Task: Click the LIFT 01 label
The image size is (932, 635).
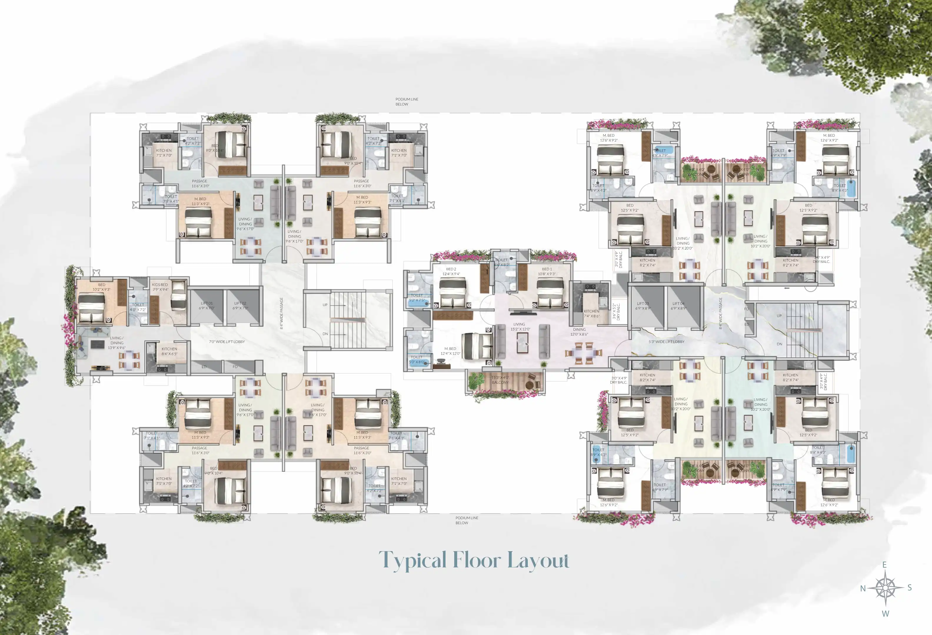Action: tap(207, 306)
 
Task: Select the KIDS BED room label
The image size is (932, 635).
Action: tap(160, 287)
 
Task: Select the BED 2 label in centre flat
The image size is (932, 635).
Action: tap(451, 271)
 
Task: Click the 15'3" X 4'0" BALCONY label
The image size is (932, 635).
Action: tap(500, 380)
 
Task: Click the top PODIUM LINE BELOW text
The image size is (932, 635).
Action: tap(406, 101)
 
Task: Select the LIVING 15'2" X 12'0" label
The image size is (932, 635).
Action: tap(520, 327)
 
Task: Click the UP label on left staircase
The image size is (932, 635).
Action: tap(325, 305)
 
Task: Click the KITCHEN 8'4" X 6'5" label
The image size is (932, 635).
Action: tap(169, 351)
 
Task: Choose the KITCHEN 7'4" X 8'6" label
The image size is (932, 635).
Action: tap(592, 313)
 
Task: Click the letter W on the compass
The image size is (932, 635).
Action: tap(885, 614)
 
